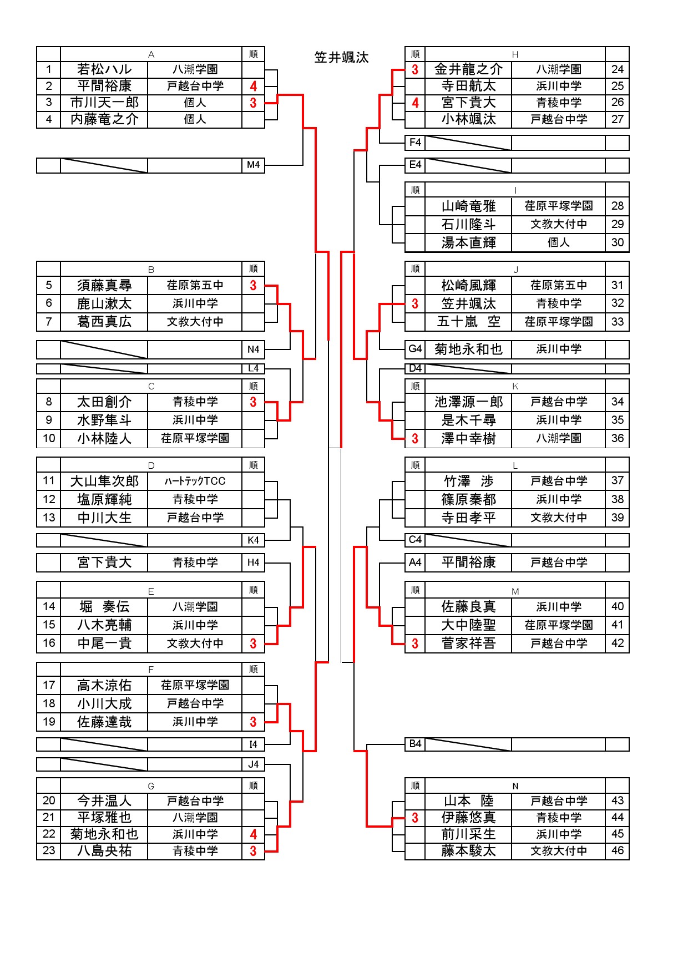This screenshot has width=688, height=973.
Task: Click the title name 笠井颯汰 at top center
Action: click(341, 58)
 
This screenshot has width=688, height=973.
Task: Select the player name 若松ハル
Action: click(104, 69)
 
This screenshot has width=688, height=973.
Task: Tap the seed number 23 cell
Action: click(49, 850)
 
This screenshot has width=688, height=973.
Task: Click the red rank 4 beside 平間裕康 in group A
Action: click(253, 86)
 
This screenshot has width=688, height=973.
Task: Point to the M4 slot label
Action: click(253, 165)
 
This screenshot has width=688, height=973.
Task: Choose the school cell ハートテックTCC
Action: click(195, 481)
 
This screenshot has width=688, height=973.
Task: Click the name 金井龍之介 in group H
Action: click(468, 69)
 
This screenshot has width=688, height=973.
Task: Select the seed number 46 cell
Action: click(617, 850)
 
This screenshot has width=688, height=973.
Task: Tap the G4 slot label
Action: click(415, 349)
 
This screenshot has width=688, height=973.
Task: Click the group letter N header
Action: click(515, 786)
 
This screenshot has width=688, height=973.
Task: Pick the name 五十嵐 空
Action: click(468, 322)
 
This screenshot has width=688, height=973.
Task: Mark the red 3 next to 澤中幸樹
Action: click(415, 439)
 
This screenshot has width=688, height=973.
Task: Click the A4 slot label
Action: click(415, 562)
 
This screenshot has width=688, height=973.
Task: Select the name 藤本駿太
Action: click(468, 851)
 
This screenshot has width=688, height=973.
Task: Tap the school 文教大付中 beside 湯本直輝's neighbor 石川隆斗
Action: click(559, 224)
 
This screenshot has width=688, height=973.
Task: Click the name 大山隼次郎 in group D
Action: click(104, 482)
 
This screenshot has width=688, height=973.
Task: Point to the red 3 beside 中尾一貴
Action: click(253, 644)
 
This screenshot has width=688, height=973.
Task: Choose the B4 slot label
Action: click(415, 744)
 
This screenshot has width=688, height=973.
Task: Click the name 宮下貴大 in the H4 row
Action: click(104, 562)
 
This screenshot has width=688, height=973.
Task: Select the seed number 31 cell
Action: click(617, 285)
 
